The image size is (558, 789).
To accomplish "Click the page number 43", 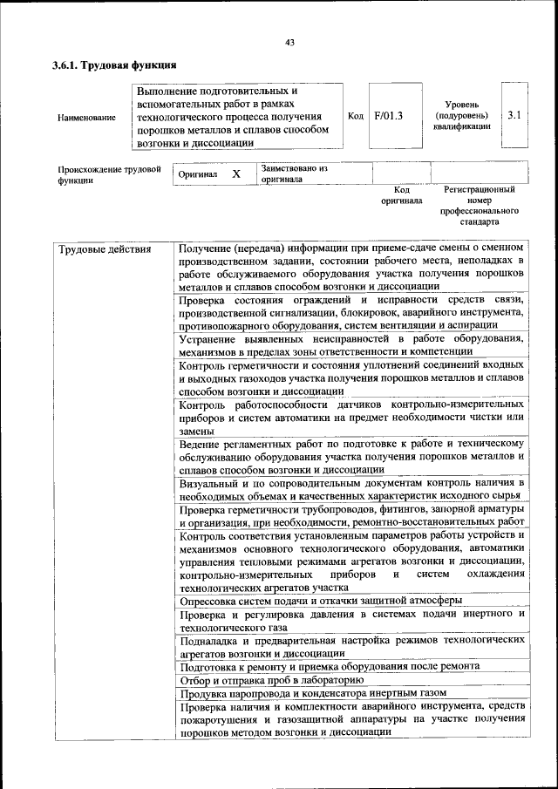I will pyautogui.click(x=290, y=44).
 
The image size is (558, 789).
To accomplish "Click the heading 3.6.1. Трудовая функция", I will pyautogui.click(x=114, y=65).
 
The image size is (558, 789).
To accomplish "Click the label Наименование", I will pyautogui.click(x=86, y=117).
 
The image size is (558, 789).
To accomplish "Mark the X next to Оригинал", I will pyautogui.click(x=235, y=174).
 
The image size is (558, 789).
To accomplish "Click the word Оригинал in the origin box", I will pyautogui.click(x=197, y=174).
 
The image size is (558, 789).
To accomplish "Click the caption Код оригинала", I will pyautogui.click(x=401, y=194).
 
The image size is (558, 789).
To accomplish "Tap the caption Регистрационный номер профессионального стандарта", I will pyautogui.click(x=479, y=205).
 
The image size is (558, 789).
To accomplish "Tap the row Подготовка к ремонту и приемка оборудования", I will pyautogui.click(x=329, y=665).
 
